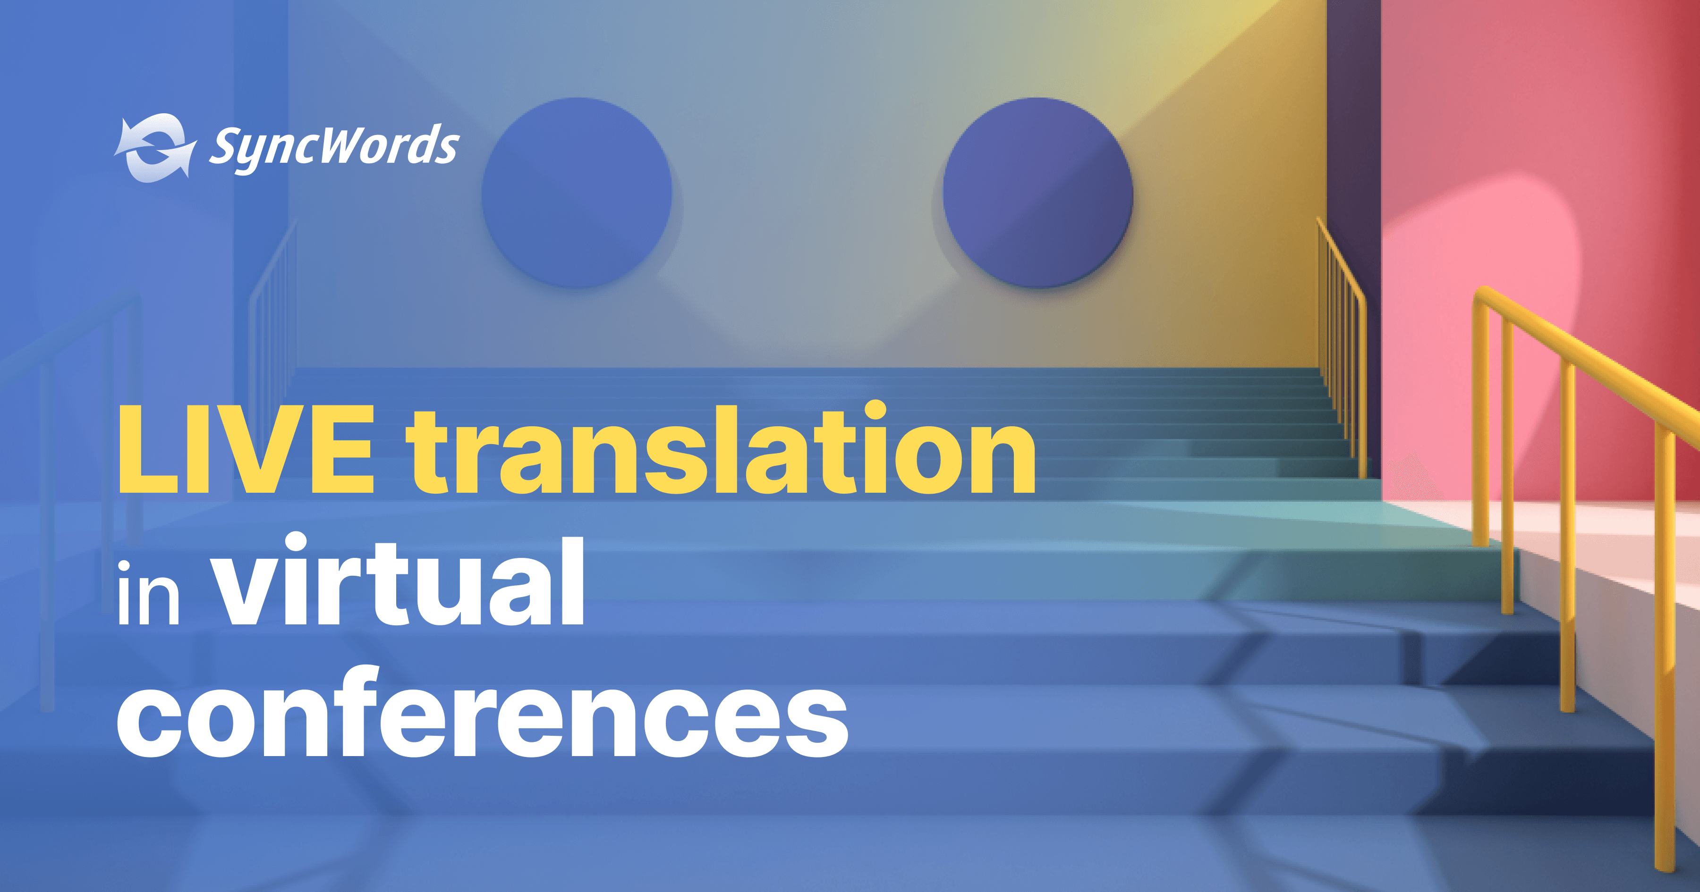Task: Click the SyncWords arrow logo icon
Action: [155, 148]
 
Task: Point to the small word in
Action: [148, 592]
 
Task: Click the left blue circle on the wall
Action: [577, 193]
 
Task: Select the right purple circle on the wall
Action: [1037, 193]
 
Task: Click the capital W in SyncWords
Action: [337, 144]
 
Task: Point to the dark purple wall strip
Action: [1353, 165]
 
